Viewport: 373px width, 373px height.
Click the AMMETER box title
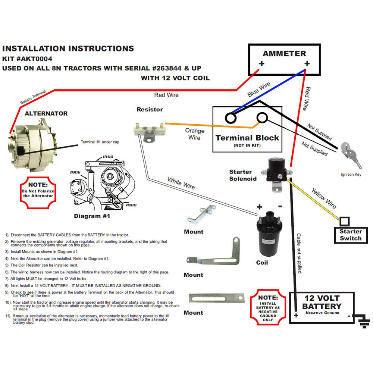point(284,53)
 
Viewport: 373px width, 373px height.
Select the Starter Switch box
point(350,235)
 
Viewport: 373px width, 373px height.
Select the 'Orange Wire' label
point(195,134)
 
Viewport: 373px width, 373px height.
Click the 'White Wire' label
point(181,183)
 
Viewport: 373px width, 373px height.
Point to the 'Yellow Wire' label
point(323,197)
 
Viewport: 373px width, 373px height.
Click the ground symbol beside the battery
point(361,321)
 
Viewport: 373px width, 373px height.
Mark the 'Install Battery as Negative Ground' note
point(268,308)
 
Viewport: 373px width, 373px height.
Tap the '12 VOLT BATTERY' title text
point(322,303)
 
